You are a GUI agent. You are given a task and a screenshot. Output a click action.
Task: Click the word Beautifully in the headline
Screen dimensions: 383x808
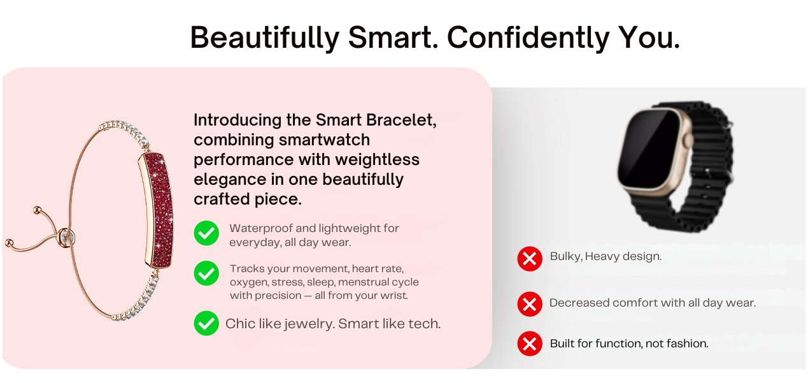[x=264, y=38]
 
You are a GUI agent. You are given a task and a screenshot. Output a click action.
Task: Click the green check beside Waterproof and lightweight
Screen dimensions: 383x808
[x=206, y=233]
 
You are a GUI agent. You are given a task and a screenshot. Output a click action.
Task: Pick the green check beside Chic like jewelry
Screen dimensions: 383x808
[x=206, y=323]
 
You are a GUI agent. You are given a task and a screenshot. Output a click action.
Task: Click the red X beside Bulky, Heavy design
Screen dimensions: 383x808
[x=529, y=259]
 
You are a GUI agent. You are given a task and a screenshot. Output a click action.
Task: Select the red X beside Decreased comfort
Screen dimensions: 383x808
[x=529, y=304]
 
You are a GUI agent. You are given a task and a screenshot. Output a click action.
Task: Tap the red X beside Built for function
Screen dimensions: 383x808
[x=529, y=344]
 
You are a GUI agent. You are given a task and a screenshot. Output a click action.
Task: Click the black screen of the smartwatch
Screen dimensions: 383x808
[x=649, y=148]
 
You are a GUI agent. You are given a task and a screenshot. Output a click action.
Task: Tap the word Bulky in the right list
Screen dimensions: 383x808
[x=565, y=256]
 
